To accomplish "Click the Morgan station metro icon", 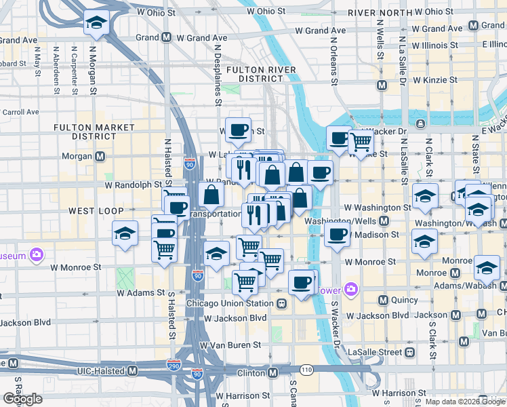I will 100,157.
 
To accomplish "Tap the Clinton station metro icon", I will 273,372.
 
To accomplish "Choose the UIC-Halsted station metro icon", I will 133,371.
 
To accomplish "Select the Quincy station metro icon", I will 382,300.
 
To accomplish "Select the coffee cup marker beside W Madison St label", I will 337,235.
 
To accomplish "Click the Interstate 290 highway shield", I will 174,365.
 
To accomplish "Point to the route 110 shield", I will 306,370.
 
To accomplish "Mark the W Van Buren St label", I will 230,345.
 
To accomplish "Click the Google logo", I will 22,398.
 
